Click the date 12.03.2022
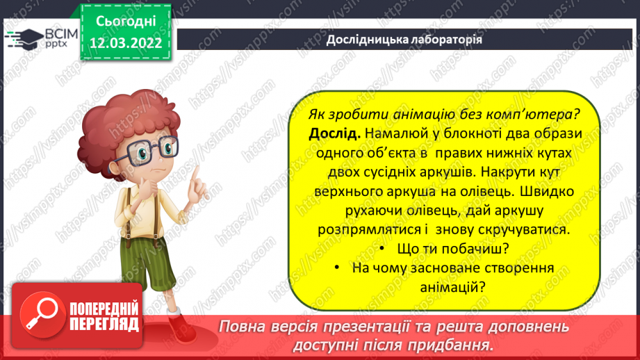pos(126,43)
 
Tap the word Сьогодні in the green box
pos(126,22)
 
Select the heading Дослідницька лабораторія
pos(404,40)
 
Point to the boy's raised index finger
pos(196,173)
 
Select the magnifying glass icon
pos(42,314)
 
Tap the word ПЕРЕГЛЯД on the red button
pos(104,324)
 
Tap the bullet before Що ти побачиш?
pos(382,249)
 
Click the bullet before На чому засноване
pos(337,268)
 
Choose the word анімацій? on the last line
pos(452,287)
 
